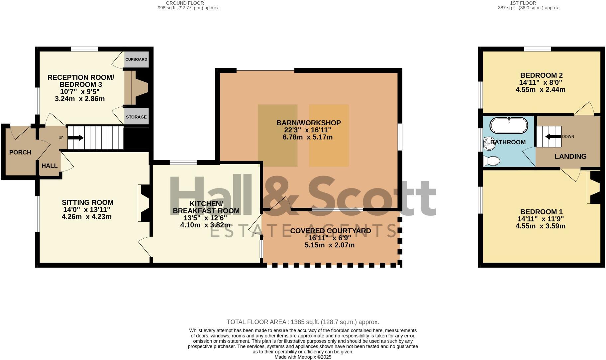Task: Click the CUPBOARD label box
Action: pyautogui.click(x=136, y=60)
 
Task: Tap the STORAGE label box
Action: pyautogui.click(x=136, y=117)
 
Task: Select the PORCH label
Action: pyautogui.click(x=20, y=152)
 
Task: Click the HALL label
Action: pyautogui.click(x=50, y=166)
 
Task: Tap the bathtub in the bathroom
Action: pyautogui.click(x=509, y=126)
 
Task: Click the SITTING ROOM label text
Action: pyautogui.click(x=87, y=202)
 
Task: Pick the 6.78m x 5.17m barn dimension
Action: pyautogui.click(x=307, y=137)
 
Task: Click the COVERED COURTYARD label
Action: pyautogui.click(x=330, y=231)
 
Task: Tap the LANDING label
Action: pyautogui.click(x=570, y=156)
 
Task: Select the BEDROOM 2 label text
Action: pyautogui.click(x=541, y=75)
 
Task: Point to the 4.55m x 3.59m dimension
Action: pyautogui.click(x=540, y=226)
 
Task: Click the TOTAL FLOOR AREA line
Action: pyautogui.click(x=303, y=322)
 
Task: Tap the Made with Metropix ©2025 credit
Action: pyautogui.click(x=303, y=357)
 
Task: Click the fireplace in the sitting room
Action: pyautogui.click(x=144, y=203)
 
